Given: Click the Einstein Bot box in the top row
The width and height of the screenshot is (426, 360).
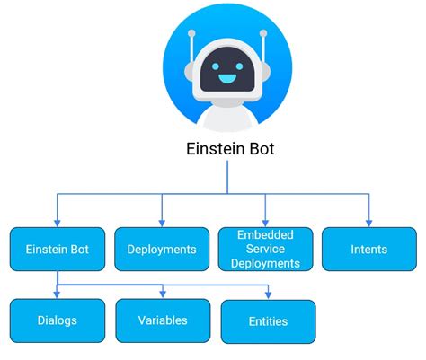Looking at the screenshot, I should point(57,249).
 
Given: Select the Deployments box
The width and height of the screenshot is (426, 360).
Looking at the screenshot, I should point(163,249).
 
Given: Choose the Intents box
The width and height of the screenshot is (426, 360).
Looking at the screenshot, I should point(369,249).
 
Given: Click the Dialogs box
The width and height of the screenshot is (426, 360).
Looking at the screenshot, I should point(57,320).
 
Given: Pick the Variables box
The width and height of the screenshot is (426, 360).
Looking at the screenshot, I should point(163,320).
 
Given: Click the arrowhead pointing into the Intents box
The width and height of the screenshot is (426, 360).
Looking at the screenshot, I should point(369,222).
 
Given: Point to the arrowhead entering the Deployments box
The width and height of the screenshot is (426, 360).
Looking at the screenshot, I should point(163,222).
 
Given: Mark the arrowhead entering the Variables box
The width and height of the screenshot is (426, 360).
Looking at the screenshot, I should point(163,294).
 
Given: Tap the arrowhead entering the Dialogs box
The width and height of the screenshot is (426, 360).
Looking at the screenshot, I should point(57,294).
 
